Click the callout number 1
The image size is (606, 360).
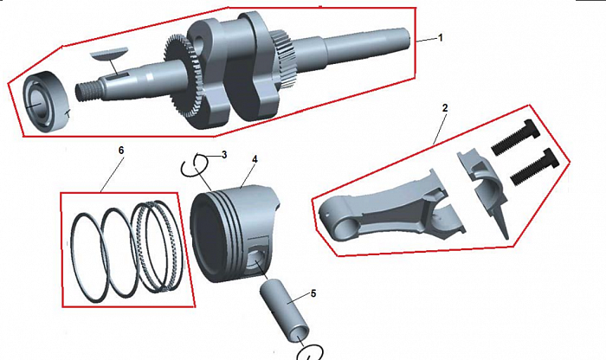tap(440, 38)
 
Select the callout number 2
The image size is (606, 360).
tap(445, 108)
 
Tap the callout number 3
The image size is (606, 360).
tap(224, 155)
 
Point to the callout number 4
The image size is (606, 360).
tap(254, 158)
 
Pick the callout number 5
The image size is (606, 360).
tap(313, 293)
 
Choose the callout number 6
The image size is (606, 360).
tap(121, 151)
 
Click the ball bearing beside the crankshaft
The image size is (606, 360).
tap(47, 102)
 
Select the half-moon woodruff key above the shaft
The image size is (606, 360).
tap(109, 54)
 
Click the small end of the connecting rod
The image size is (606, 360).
tap(335, 219)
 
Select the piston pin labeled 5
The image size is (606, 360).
tap(287, 312)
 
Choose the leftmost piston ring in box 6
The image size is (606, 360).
tap(90, 256)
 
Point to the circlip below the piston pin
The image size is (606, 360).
tap(310, 352)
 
